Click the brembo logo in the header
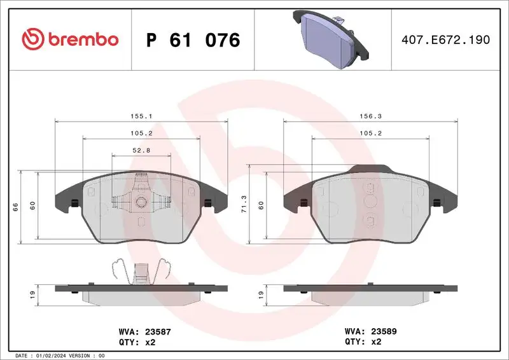pyautogui.click(x=70, y=39)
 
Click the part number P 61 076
pyautogui.click(x=193, y=40)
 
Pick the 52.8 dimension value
pyautogui.click(x=141, y=150)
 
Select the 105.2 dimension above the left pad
pyautogui.click(x=141, y=134)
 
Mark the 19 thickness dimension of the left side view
pyautogui.click(x=32, y=295)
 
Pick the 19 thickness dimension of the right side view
pyautogui.click(x=261, y=295)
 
